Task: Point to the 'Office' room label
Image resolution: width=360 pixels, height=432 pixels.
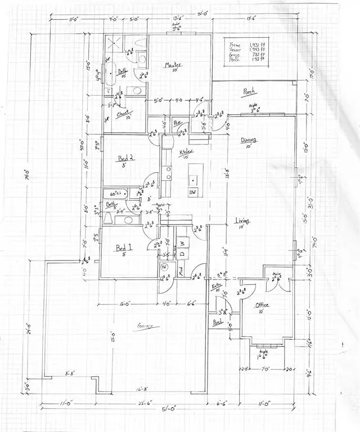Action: (x=262, y=305)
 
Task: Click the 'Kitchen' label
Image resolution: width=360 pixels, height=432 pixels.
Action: (x=187, y=151)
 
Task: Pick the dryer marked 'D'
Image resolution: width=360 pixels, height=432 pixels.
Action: (x=182, y=254)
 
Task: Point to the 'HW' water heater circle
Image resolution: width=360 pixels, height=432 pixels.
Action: (x=165, y=267)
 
